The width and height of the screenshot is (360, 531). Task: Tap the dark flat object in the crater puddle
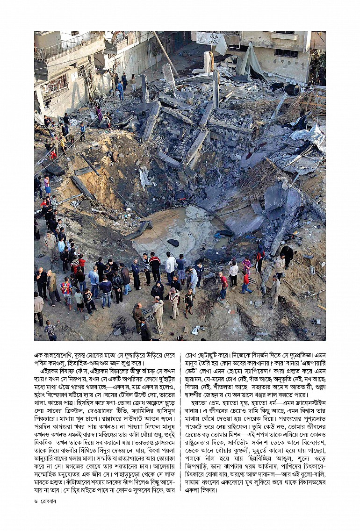[173, 243]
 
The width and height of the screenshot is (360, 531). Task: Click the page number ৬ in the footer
[36, 501]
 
